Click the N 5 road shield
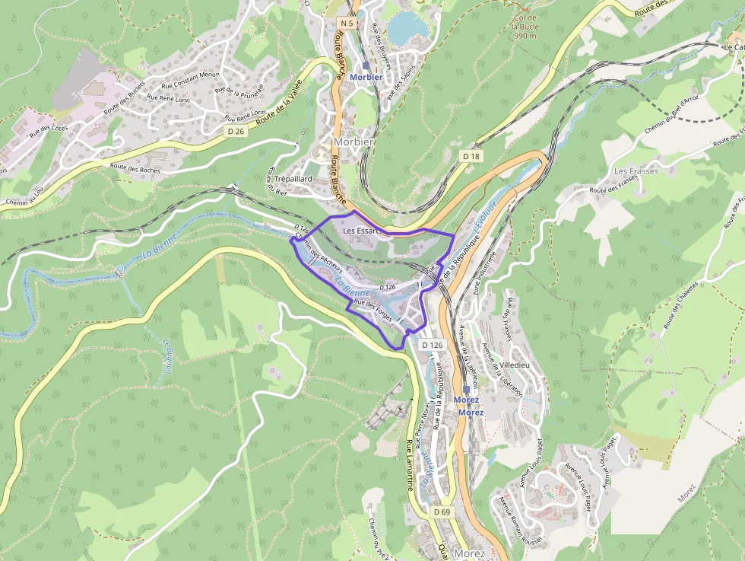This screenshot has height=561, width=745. tap(347, 23)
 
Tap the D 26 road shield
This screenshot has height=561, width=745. tap(236, 131)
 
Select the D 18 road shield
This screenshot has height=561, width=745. tap(471, 155)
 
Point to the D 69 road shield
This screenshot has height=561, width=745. tap(442, 512)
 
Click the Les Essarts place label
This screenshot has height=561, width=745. tap(361, 231)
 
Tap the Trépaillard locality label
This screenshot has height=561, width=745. tap(293, 178)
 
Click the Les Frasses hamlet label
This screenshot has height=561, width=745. tap(636, 171)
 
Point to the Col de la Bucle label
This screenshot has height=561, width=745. tap(525, 27)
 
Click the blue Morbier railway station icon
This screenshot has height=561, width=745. tap(366, 67)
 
